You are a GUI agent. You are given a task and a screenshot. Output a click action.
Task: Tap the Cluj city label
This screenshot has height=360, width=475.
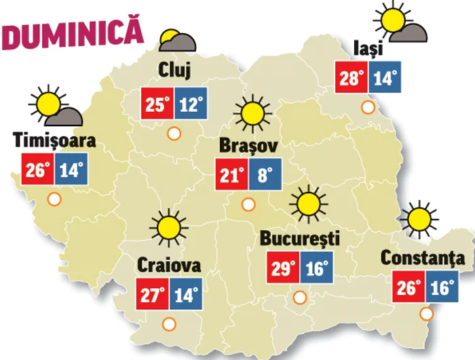[x=174, y=69]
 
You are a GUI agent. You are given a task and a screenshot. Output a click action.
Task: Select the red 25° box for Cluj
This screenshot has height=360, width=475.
[x=157, y=104]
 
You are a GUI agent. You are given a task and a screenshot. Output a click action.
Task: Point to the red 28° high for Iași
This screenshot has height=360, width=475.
[x=352, y=77]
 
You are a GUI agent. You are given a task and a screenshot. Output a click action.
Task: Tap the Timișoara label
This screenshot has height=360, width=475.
[x=54, y=141]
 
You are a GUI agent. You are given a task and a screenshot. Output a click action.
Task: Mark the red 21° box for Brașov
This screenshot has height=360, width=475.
[x=231, y=176]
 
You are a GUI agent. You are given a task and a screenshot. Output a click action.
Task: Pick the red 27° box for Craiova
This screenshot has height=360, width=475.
[x=153, y=295]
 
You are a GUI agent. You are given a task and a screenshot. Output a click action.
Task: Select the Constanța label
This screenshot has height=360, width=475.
[x=423, y=258]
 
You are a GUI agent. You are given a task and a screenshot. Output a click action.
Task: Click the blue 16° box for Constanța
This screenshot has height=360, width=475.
[x=441, y=287]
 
